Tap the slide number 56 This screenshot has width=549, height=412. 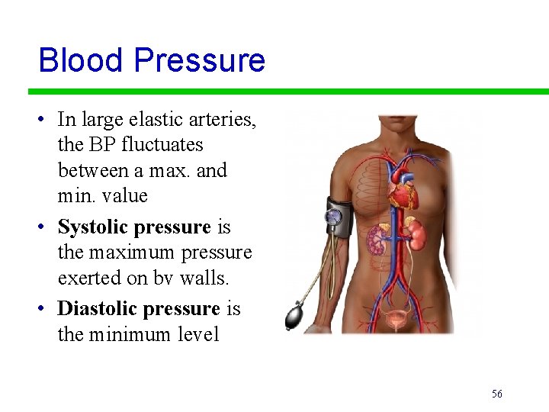pos(497,394)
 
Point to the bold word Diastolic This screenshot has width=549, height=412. pos(96,308)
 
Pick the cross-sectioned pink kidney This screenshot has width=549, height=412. pos(377,240)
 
